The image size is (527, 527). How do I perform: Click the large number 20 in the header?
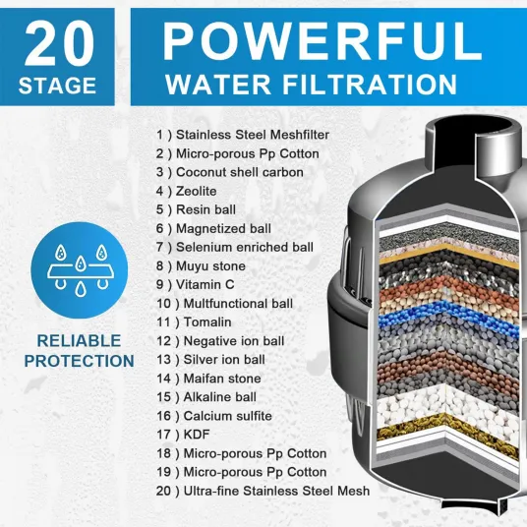pos(59,43)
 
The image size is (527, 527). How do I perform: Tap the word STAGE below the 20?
pos(57,86)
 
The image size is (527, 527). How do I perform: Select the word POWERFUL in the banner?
pos(322,41)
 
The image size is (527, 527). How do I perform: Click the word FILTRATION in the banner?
pos(370,85)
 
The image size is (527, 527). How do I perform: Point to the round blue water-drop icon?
pos(80,270)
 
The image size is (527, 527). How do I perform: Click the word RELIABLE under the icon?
pos(79,341)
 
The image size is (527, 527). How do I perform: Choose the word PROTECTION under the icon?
pos(80,361)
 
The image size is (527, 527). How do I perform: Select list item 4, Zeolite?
pos(186,192)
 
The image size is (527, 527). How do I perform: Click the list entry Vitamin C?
pos(195,285)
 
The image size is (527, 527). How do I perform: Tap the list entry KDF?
pos(183,435)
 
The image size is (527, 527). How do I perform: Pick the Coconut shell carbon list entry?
pos(229,172)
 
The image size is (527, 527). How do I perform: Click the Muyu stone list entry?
pos(201,266)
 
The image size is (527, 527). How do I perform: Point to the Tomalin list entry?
pos(194,322)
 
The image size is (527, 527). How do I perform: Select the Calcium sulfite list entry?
pos(214,416)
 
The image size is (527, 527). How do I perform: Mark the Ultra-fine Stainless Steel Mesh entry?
pos(263,491)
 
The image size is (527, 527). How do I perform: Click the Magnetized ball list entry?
pos(213,229)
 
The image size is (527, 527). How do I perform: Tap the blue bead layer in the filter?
pos(447,315)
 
